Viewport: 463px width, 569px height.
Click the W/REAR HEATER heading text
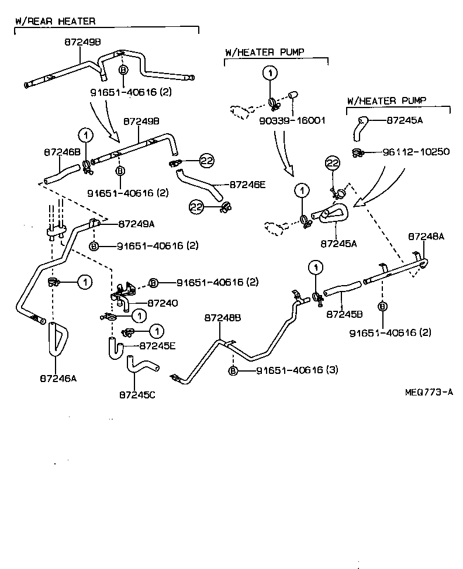click(x=54, y=22)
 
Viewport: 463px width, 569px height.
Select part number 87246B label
click(x=62, y=152)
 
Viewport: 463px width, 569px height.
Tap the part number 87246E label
click(x=247, y=185)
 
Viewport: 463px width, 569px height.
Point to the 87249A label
click(x=137, y=224)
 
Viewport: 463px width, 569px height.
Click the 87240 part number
click(x=163, y=303)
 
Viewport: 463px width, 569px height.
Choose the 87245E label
click(x=158, y=345)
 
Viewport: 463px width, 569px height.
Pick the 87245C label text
click(x=137, y=395)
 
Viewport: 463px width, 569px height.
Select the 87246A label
click(x=58, y=378)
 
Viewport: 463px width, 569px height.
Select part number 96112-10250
click(x=416, y=152)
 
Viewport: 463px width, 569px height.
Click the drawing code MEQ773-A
click(x=429, y=392)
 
